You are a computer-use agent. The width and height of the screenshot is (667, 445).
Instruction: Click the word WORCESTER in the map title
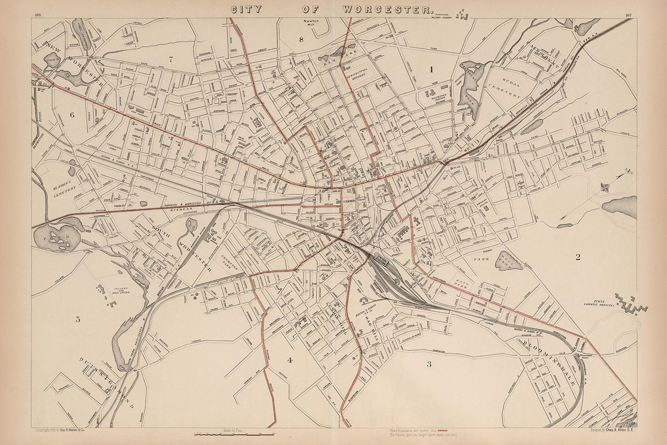(x=387, y=9)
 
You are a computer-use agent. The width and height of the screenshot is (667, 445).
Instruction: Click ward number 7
(x=171, y=59)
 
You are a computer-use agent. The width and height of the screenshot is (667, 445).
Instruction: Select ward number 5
(x=78, y=319)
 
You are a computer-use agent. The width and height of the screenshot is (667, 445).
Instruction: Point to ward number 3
(x=429, y=364)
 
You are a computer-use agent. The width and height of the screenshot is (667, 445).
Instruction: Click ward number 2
(x=577, y=256)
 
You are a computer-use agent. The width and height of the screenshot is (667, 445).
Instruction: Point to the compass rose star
(x=605, y=186)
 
